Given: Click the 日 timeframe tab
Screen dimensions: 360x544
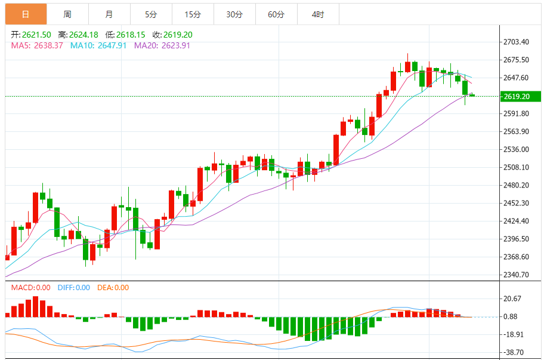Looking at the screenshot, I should [x=26, y=14].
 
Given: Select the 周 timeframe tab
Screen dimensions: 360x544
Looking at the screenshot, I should [x=67, y=14].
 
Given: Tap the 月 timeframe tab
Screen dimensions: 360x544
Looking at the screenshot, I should [x=109, y=14].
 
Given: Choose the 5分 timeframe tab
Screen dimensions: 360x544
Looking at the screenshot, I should [x=151, y=14].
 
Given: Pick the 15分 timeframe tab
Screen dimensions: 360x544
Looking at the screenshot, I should [x=193, y=14].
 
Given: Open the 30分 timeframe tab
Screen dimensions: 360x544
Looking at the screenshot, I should [x=234, y=14].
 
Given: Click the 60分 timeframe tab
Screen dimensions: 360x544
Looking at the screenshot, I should [x=276, y=14].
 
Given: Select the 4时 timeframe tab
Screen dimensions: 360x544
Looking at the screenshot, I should [x=318, y=14].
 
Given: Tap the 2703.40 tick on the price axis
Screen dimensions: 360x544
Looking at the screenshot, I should [x=517, y=42].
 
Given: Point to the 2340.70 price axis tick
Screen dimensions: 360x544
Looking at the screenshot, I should [x=517, y=275].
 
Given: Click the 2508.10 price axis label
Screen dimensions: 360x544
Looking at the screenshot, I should [x=517, y=167].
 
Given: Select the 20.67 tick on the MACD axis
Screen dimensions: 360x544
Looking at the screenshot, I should [x=513, y=299].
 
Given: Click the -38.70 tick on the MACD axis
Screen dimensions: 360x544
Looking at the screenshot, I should [x=513, y=352].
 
